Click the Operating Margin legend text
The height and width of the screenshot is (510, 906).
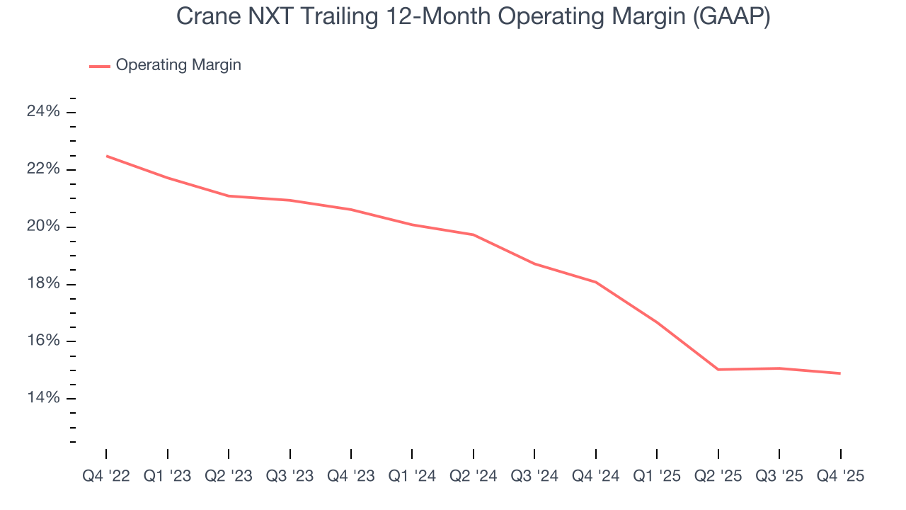[x=178, y=65]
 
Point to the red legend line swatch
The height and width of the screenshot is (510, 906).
[x=99, y=66]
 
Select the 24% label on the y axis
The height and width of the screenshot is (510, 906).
[x=43, y=112]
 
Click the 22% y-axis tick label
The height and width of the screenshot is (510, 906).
[x=43, y=169]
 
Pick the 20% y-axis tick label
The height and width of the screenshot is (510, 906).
[x=43, y=227]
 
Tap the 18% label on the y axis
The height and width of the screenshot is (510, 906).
[x=43, y=284]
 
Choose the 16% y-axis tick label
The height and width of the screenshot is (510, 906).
[x=43, y=341]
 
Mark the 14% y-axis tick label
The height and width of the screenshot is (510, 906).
[x=43, y=399]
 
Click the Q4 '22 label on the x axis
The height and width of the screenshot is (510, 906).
[x=106, y=476]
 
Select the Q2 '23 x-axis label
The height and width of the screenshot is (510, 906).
[x=229, y=476]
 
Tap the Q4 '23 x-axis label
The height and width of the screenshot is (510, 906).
[x=351, y=476]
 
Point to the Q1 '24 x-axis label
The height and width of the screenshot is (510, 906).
[x=412, y=476]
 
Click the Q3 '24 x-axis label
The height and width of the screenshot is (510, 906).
[x=534, y=476]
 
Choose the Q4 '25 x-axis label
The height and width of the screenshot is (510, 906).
[x=840, y=476]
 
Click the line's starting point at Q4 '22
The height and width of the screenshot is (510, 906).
[x=107, y=156]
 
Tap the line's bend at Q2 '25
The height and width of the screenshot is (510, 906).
[x=718, y=369]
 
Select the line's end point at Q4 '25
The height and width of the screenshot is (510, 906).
[x=840, y=373]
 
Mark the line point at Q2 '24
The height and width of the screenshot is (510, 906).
[x=474, y=234]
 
